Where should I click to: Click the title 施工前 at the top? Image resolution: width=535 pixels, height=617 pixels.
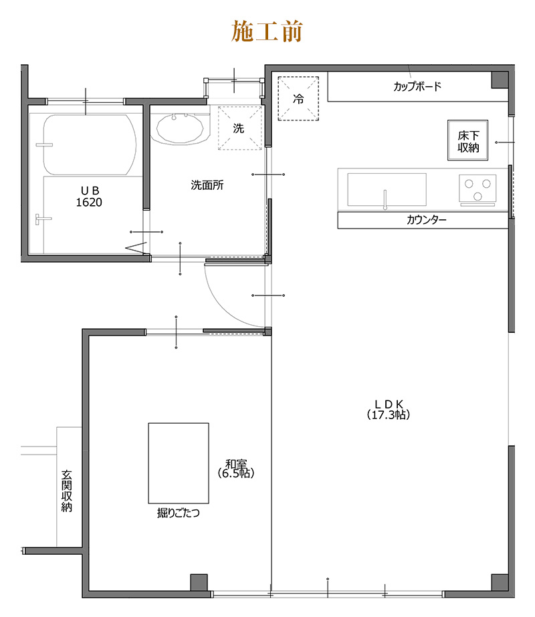(267, 31)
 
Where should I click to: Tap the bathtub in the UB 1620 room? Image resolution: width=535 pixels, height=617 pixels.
(90, 145)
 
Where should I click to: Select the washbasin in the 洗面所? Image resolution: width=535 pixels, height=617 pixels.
(180, 128)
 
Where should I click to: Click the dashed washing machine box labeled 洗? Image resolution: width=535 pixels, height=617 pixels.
(240, 128)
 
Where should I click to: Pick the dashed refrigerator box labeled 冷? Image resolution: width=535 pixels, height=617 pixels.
(298, 98)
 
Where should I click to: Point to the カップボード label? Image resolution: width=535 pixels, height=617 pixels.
(417, 86)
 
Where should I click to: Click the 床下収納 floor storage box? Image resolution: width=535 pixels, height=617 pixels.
(467, 140)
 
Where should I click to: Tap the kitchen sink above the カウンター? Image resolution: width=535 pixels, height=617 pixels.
(387, 190)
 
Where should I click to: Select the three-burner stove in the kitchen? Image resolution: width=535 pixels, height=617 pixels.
(477, 191)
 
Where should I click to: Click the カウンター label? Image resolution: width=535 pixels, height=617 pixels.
(427, 219)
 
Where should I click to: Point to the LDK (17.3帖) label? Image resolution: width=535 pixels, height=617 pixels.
(389, 410)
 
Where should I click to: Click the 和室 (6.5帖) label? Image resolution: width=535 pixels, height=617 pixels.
(236, 469)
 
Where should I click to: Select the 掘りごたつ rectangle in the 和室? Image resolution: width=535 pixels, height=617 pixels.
(179, 463)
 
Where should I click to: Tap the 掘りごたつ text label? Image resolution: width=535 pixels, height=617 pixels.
(179, 513)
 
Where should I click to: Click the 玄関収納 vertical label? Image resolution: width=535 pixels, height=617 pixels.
(66, 491)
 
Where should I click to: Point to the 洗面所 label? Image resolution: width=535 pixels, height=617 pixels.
(207, 185)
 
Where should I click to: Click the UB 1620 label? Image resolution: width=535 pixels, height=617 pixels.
(90, 197)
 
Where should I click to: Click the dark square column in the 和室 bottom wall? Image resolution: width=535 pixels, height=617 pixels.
(199, 582)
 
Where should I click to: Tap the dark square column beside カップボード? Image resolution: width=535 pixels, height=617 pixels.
(500, 80)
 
